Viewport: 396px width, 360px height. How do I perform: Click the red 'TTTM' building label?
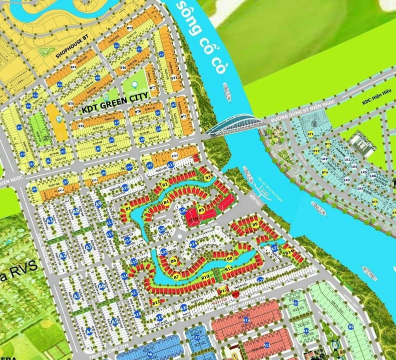pos(193,219)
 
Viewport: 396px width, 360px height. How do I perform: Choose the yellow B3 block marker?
pos(208,177)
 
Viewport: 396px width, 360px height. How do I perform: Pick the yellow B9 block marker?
pos(255,224)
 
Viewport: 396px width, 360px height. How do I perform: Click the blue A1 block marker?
pos(50,220)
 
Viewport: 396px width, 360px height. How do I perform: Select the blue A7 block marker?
pos(89,246)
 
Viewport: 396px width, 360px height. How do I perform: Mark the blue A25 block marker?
pos(162,229)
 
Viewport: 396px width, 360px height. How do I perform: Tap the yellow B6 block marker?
pos(173,260)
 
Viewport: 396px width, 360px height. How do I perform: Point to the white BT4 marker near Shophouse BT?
pos(73,66)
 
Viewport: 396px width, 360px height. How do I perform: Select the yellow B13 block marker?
pos(228,269)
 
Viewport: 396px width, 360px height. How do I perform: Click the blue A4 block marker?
pos(89,330)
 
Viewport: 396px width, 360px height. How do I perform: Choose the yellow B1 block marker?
pos(128,207)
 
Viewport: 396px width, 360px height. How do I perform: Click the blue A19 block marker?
pos(160,317)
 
